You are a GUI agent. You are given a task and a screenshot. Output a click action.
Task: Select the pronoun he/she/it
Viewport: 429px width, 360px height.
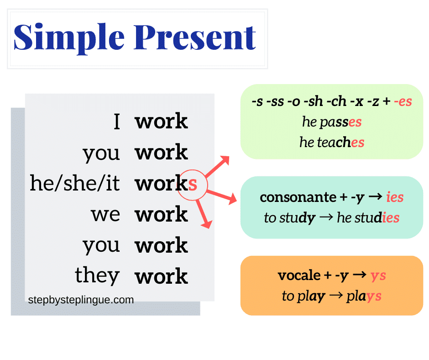75,184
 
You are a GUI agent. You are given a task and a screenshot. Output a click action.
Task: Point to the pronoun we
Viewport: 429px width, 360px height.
105,214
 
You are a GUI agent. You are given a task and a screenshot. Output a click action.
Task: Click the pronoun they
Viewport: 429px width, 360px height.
97,275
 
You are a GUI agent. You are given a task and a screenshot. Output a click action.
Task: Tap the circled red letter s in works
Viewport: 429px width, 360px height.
193,184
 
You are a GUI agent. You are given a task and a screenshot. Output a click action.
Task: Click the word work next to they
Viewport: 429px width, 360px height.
161,276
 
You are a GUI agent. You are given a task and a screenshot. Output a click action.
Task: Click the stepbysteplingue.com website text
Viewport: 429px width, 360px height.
81,300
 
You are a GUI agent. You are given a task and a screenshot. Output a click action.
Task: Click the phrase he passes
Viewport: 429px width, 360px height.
332,122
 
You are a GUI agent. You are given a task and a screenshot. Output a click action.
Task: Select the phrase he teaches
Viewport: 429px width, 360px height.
332,142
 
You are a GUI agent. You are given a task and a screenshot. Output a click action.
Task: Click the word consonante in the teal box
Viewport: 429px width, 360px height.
291,197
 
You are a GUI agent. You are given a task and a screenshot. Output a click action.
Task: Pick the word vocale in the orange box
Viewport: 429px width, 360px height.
299,275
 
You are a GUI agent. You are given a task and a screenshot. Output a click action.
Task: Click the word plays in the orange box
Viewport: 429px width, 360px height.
364,296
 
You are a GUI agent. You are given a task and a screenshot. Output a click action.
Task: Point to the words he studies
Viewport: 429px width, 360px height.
368,217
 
